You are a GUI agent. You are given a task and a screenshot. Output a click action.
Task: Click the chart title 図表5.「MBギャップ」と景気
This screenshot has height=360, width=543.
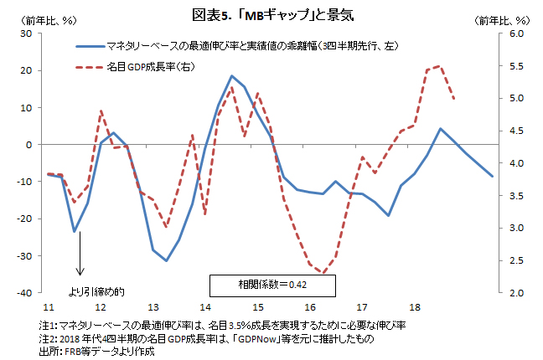[x=271, y=13]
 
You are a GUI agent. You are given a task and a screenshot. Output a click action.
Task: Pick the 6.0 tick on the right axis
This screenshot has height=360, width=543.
[x=515, y=33]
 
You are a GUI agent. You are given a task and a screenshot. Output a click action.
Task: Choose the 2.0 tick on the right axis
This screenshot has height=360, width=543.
[x=515, y=293]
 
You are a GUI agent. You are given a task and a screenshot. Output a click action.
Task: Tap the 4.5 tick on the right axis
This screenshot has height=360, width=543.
[x=515, y=131]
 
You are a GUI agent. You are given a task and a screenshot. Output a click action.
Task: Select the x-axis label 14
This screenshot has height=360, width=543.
[x=204, y=308]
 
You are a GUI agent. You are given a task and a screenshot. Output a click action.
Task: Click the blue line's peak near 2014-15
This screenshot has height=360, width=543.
[x=231, y=76]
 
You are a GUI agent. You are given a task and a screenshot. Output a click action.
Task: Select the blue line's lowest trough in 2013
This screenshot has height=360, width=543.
[x=166, y=260]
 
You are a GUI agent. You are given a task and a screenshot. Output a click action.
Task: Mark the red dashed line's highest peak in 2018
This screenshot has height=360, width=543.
[x=441, y=66]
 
